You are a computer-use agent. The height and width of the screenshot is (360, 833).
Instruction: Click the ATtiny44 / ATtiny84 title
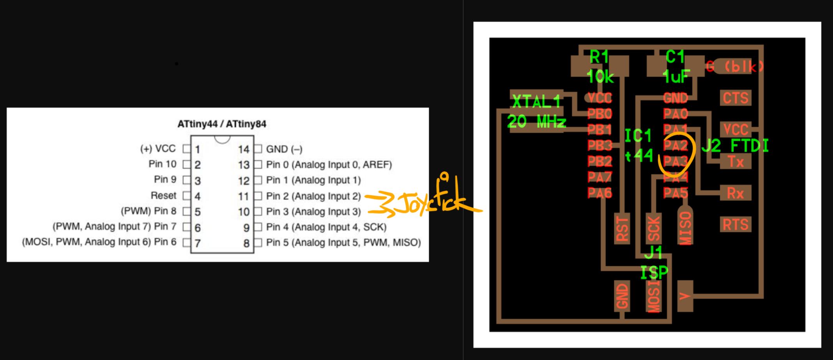pos(222,124)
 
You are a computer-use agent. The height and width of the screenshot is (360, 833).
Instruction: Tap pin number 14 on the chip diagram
pos(244,149)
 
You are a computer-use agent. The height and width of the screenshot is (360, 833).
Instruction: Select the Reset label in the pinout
pos(163,196)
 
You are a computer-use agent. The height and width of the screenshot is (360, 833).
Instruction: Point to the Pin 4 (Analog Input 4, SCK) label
pos(326,227)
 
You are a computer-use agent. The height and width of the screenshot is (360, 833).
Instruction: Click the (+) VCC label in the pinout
pos(158,149)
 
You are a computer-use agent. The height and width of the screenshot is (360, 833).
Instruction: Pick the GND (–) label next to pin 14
pos(284,149)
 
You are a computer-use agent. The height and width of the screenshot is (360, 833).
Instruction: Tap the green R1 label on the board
pos(599,57)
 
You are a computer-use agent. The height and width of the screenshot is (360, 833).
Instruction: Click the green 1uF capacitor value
pos(677,77)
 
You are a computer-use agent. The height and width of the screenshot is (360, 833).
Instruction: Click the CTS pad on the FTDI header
pos(735,98)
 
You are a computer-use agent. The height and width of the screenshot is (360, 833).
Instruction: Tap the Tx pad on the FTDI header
pos(735,161)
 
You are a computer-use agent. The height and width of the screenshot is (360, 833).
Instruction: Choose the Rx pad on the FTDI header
pos(735,193)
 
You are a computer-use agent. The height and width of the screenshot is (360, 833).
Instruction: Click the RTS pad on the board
pos(735,225)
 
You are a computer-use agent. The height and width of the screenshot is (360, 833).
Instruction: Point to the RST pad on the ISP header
pos(622,229)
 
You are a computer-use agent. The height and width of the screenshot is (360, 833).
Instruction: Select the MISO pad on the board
pos(685,227)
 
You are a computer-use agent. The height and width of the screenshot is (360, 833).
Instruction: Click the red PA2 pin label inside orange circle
pos(676,146)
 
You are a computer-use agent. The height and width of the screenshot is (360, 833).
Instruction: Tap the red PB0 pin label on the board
pos(600,114)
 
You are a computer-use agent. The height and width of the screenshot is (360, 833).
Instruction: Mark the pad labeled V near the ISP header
pos(685,296)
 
